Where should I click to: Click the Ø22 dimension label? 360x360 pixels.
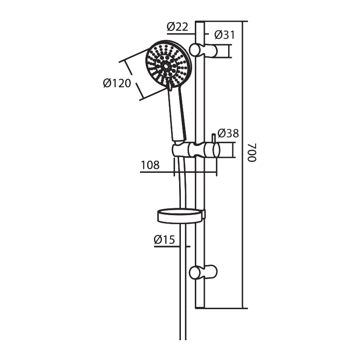(x=177, y=27)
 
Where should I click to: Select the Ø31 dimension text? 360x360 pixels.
(x=225, y=35)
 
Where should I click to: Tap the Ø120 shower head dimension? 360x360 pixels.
(x=117, y=83)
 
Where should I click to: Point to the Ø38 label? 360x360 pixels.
(x=228, y=133)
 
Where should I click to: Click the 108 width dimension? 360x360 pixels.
(x=150, y=165)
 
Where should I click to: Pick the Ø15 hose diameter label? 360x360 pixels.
(x=164, y=240)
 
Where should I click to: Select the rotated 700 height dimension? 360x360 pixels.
(x=252, y=153)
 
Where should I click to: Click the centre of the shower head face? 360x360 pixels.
(x=165, y=66)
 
